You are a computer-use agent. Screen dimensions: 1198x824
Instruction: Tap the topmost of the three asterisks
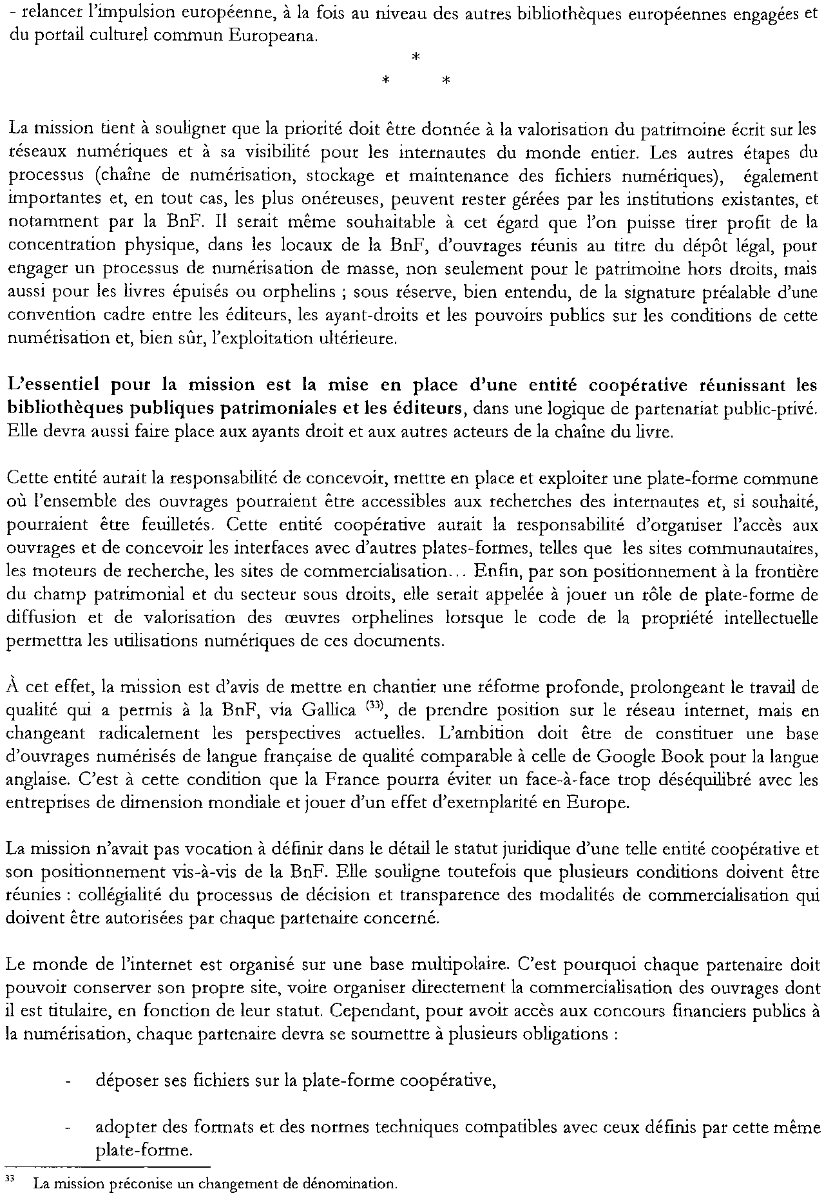tap(415, 59)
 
